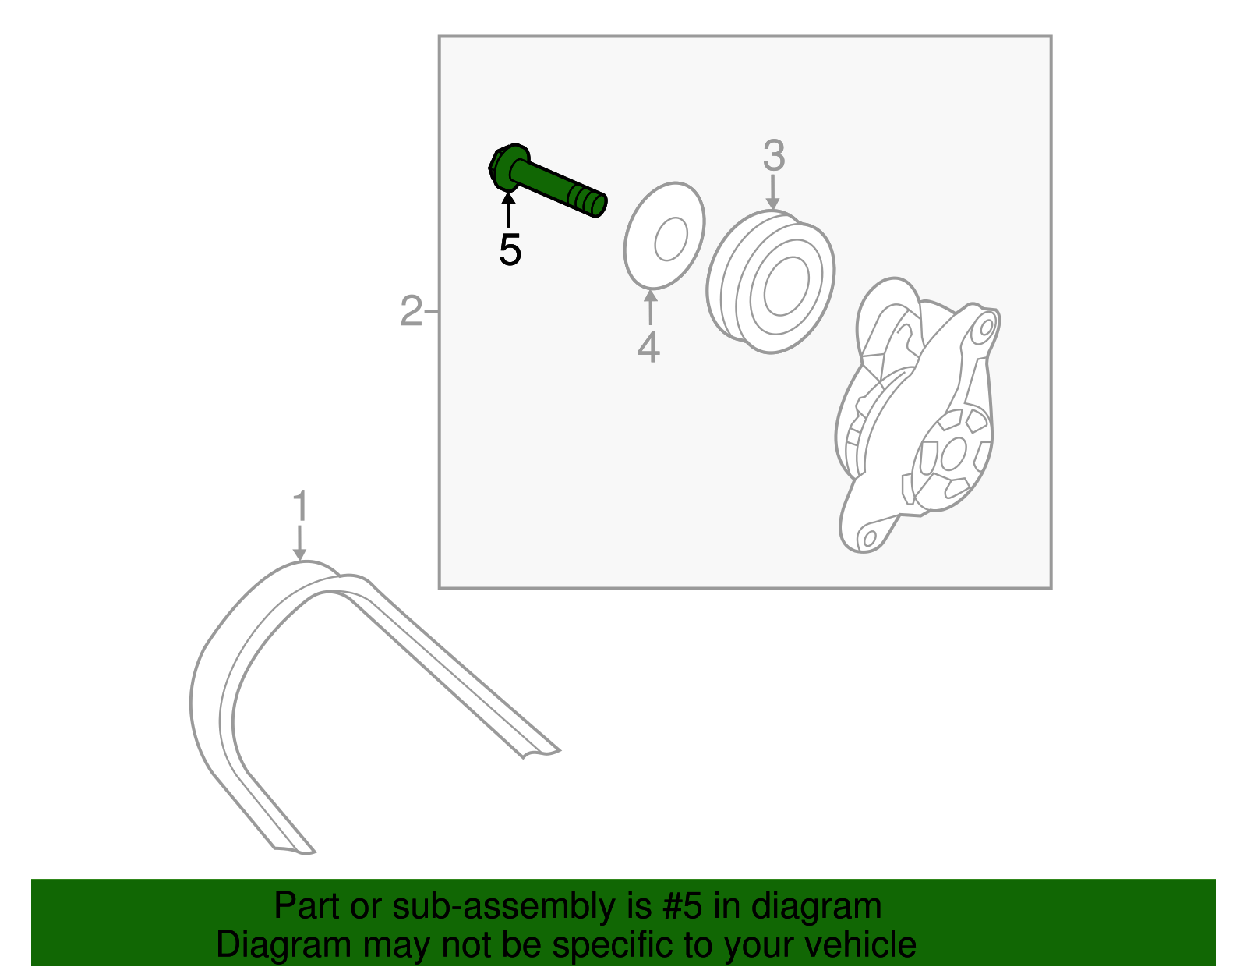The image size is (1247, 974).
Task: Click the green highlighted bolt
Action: pos(547,180)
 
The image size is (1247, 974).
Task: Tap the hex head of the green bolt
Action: pos(507,166)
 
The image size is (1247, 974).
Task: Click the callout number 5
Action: pos(510,250)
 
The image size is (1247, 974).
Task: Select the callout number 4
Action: pos(648,347)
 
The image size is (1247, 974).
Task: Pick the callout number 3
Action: pos(774,155)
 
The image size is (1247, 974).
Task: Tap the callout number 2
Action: pos(411,311)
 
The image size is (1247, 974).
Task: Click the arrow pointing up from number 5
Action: pos(508,211)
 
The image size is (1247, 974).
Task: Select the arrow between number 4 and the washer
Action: pos(650,307)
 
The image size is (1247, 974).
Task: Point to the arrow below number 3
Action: pos(773,193)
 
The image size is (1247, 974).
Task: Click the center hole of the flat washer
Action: pos(671,239)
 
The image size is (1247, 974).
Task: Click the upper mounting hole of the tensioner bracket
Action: pos(987,328)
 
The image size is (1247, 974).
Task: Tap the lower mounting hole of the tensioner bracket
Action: pos(870,538)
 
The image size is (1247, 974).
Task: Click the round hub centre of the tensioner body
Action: pos(953,453)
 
